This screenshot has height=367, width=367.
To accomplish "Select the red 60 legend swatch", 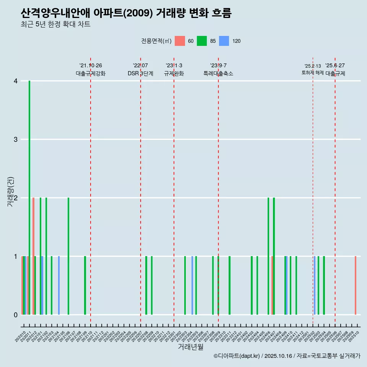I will coord(180,41).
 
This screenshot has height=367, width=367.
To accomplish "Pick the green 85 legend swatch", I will coord(202,41).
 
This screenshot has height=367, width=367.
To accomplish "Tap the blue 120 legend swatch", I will coord(224,41).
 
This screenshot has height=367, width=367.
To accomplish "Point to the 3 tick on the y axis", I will coord(16,140).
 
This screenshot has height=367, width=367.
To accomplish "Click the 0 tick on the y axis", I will coord(16,315).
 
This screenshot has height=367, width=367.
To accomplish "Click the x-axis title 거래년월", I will coord(190,347).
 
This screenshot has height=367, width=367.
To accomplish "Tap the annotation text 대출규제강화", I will coord(91,73).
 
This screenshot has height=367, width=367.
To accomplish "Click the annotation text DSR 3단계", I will coord(141,73).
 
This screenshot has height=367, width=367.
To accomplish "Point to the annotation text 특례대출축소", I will coord(218,73).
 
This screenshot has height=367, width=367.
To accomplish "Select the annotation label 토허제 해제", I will coord(313,73).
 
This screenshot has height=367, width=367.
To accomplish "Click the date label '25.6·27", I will coord(335,65).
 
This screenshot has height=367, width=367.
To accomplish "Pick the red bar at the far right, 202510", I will coord(355,285).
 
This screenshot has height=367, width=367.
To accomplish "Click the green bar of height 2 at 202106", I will coord(68,256).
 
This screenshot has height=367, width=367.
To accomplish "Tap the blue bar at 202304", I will coord(192,285).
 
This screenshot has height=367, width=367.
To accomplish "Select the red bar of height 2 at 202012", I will coord(34,256).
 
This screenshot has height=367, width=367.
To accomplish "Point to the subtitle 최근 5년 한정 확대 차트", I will coord(55,24).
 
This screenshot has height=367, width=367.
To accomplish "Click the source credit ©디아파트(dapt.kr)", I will coord(237,356).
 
